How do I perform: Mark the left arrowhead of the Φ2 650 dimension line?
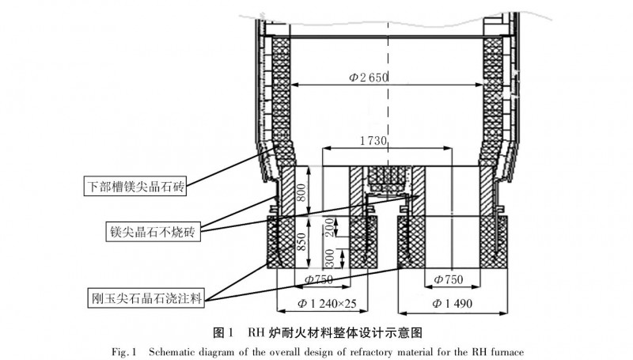pos(294,85)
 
